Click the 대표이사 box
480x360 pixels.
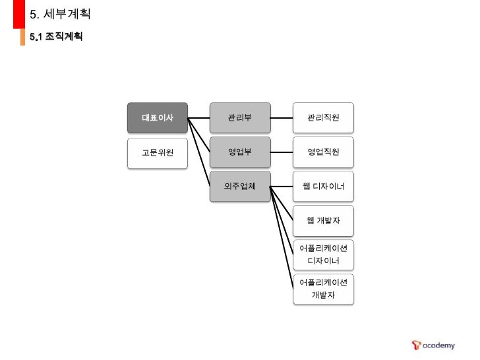tap(158, 118)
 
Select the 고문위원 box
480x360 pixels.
tap(158, 152)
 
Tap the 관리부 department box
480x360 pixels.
tap(240, 118)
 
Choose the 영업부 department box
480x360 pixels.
tap(240, 152)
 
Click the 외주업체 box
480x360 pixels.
tap(240, 187)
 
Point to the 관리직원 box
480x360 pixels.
tap(323, 118)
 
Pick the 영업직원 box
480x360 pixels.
tap(323, 152)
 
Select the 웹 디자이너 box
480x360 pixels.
tap(323, 187)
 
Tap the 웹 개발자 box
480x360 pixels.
tap(323, 220)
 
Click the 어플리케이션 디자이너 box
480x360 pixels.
tap(323, 255)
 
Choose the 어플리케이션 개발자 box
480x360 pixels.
tap(323, 289)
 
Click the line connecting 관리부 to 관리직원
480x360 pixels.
tap(282, 119)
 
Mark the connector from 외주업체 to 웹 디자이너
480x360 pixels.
tap(282, 187)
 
